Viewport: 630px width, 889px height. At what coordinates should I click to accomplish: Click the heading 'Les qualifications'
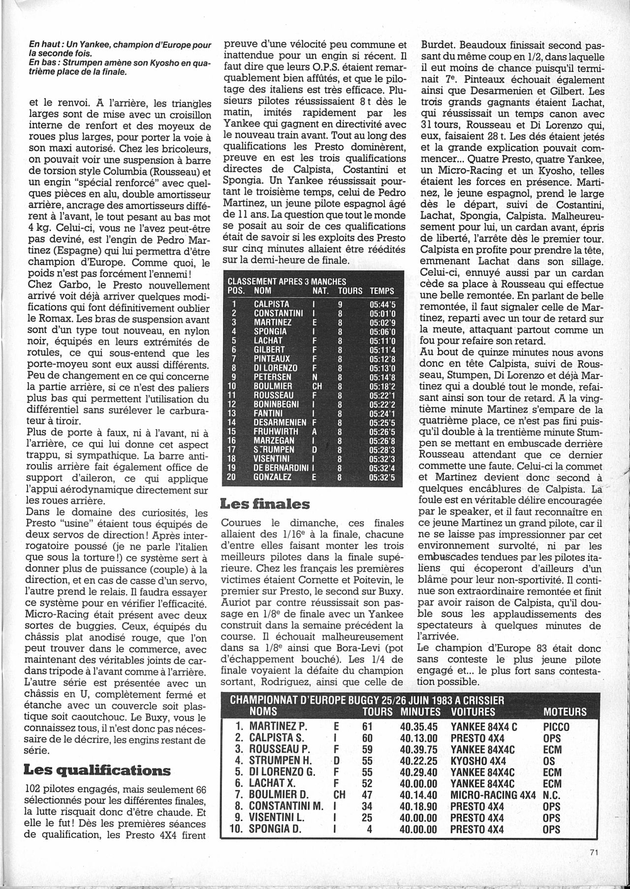[x=97, y=770]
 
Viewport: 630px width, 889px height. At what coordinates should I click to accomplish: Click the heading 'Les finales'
[x=266, y=504]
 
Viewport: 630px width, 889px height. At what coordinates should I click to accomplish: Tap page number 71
[x=592, y=867]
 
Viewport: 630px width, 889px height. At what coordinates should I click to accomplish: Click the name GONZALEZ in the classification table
[x=274, y=477]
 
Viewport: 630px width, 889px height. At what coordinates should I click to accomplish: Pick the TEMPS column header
[x=382, y=291]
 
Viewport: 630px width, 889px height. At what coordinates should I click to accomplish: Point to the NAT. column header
[x=321, y=291]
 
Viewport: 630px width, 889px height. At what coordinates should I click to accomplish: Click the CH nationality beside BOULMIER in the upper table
[x=317, y=386]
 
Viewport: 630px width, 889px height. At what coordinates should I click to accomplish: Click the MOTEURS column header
[x=565, y=711]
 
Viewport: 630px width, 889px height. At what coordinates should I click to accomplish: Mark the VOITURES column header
[x=473, y=711]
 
